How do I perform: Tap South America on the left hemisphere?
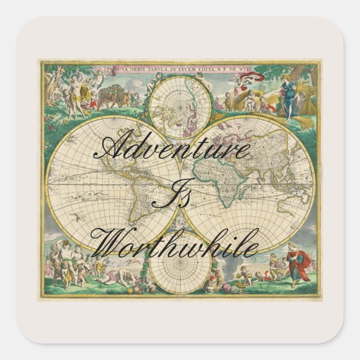pyautogui.click(x=135, y=195)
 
